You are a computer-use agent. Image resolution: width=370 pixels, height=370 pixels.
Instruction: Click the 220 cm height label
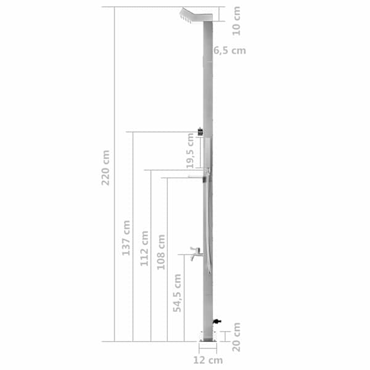coord(105,168)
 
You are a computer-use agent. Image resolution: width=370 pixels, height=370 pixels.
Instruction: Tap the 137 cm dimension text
coord(126,238)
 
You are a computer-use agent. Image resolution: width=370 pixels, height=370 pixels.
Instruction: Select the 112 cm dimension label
coord(144,249)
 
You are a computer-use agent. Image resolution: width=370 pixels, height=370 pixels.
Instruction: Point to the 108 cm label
coord(161,252)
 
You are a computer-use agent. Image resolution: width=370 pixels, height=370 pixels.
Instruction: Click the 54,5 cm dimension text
coord(177,293)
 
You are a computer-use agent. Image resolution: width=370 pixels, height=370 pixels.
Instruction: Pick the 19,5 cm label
coord(190,151)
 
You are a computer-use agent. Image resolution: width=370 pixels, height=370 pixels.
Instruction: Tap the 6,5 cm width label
coord(229,51)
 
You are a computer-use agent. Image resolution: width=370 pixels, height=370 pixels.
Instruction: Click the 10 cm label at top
coord(236,21)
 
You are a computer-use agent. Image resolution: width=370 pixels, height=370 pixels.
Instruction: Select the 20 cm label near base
coord(236,337)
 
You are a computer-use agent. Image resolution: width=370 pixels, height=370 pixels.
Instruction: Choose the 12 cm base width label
coord(208,360)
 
